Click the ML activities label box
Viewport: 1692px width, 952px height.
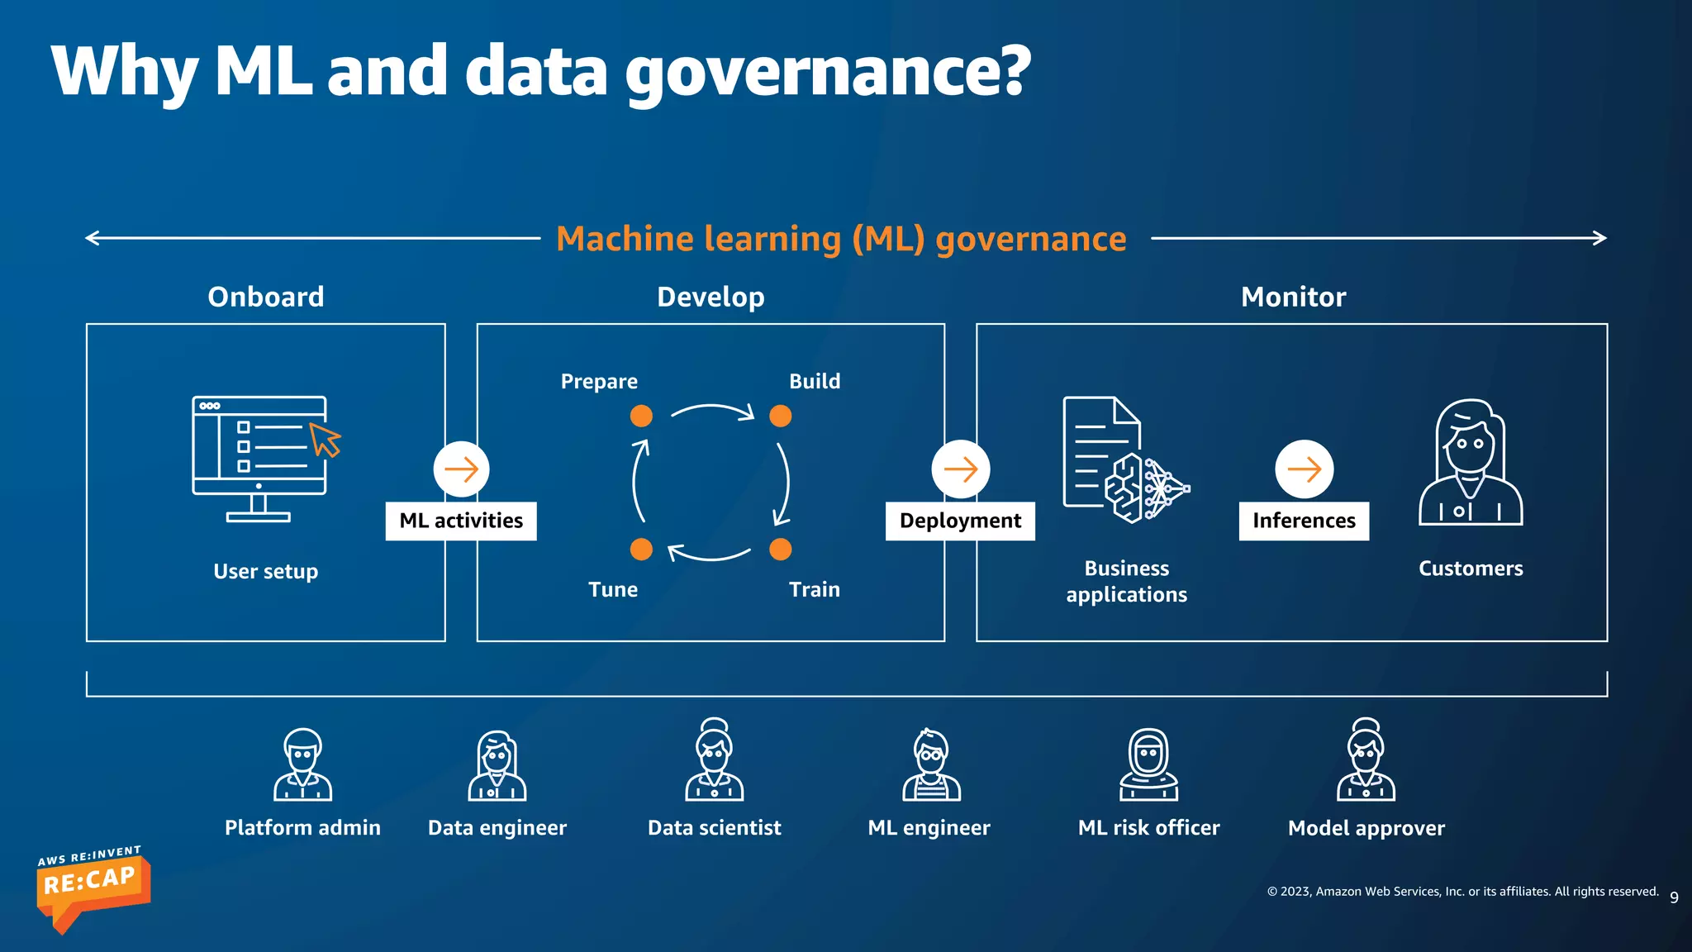click(x=461, y=521)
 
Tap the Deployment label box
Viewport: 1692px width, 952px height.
click(x=960, y=521)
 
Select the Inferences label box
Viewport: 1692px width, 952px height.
click(x=1304, y=521)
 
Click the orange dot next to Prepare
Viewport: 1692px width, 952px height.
click(x=641, y=416)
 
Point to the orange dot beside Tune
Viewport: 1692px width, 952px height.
click(x=641, y=550)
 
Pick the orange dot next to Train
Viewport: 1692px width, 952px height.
click(x=781, y=550)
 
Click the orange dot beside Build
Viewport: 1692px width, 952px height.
click(x=781, y=416)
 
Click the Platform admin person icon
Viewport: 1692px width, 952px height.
click(x=303, y=764)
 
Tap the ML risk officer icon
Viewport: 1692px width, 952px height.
click(x=1148, y=764)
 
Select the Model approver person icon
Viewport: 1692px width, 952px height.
click(x=1366, y=760)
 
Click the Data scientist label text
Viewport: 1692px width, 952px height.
click(x=714, y=827)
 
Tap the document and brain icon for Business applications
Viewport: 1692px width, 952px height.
click(x=1125, y=460)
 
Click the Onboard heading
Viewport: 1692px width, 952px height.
click(x=266, y=297)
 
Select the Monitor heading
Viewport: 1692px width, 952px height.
click(x=1293, y=297)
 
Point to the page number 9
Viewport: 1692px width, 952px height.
click(x=1674, y=897)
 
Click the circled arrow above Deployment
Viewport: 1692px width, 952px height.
click(x=961, y=469)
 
